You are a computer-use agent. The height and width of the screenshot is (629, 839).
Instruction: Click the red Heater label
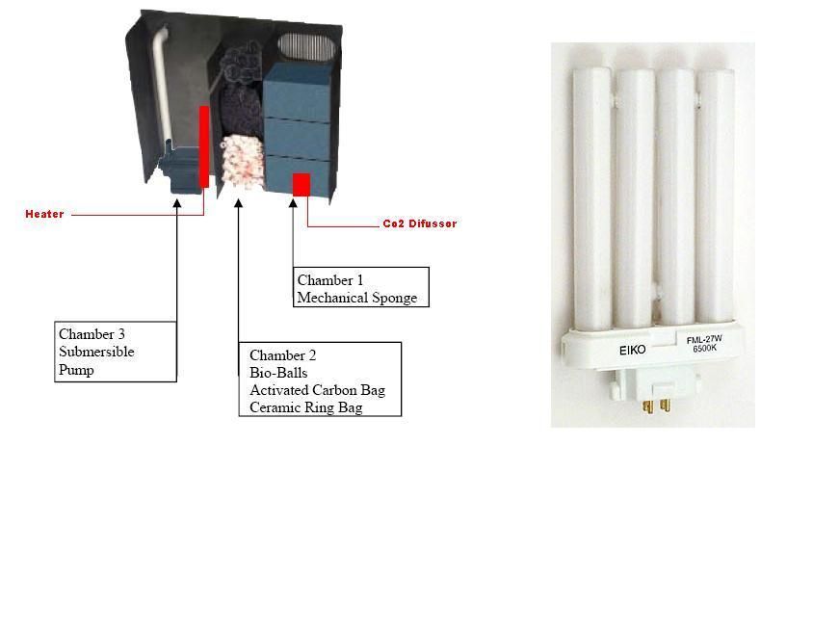(44, 214)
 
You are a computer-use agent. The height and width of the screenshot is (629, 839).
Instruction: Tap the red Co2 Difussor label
(420, 223)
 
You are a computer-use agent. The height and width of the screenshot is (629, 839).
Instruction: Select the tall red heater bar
(204, 146)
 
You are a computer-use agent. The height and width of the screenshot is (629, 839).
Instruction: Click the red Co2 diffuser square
(302, 185)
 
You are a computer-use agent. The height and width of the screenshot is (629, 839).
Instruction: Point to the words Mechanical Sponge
(357, 298)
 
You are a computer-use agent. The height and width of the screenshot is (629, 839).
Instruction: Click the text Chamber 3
(92, 334)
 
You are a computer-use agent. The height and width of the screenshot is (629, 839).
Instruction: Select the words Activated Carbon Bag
(317, 390)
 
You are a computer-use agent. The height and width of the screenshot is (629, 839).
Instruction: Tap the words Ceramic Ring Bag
(306, 407)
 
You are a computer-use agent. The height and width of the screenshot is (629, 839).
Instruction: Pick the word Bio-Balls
(278, 373)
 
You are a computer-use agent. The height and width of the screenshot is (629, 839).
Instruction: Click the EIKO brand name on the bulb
(633, 351)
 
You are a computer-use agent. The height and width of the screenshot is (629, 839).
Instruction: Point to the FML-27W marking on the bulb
(704, 339)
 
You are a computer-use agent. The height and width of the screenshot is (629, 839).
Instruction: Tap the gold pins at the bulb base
(657, 406)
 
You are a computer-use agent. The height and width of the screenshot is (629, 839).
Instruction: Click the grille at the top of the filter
(306, 47)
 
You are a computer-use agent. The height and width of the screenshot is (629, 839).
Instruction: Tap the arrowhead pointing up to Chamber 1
(293, 203)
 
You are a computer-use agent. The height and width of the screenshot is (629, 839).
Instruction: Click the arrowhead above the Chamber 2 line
(239, 203)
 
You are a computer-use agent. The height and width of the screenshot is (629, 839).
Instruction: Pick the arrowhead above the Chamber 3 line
(176, 203)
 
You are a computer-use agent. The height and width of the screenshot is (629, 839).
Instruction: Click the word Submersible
(96, 352)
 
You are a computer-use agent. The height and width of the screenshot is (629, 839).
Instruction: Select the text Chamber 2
(282, 355)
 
